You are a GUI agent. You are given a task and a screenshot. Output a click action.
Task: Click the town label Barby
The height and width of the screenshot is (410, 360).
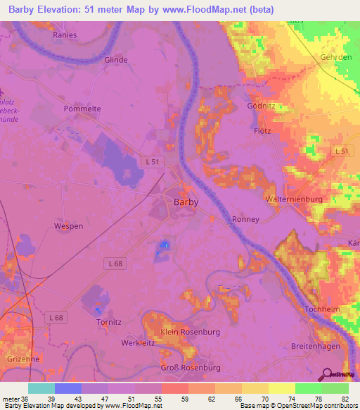pos(186,201)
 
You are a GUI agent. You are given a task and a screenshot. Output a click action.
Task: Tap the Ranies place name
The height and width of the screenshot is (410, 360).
pos(65,33)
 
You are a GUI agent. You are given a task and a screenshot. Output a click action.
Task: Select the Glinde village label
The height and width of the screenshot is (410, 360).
pos(116,60)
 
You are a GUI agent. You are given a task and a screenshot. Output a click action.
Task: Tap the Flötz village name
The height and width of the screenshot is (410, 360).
pos(262,131)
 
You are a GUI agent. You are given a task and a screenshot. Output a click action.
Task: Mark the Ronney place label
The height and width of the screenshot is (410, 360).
pos(246,220)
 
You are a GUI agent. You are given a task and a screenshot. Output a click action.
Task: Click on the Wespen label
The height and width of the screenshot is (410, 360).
pos(68,226)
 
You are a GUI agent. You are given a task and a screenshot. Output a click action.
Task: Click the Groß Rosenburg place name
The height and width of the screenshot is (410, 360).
pos(191,368)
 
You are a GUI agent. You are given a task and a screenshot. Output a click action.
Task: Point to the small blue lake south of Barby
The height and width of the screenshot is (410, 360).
pos(165,244)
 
